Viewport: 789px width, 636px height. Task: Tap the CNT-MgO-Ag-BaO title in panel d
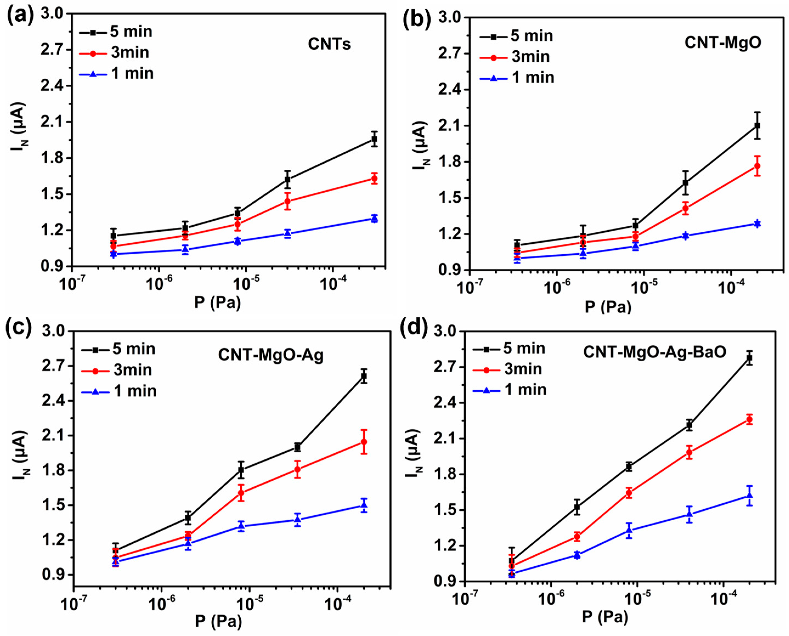click(x=655, y=353)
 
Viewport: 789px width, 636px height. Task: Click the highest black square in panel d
click(x=750, y=358)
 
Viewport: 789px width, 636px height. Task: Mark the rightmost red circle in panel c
click(x=364, y=442)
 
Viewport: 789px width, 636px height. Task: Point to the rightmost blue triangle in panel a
click(x=374, y=219)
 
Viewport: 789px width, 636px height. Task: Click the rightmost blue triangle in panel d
click(x=750, y=495)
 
